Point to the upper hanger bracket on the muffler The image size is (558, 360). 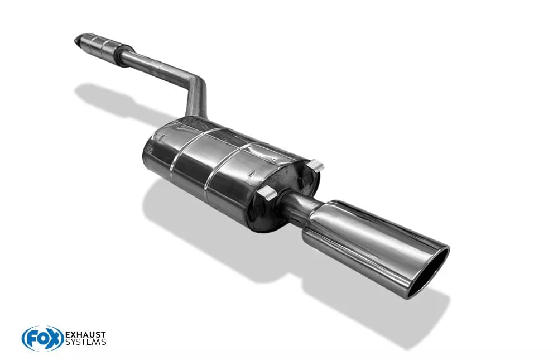point(315,165)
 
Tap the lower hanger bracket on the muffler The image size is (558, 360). point(267,193)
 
